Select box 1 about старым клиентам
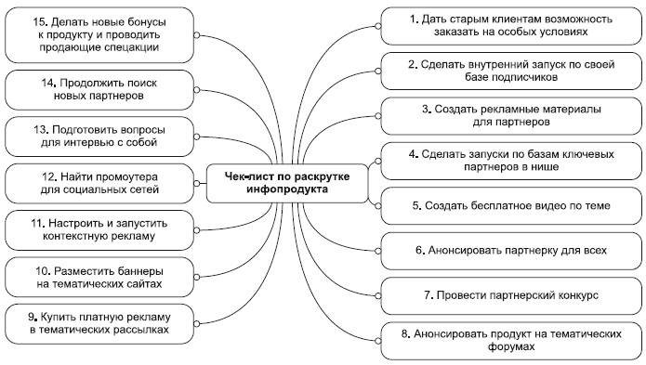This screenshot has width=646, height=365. pos(510,23)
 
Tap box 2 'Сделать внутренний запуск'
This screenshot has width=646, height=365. pos(510,70)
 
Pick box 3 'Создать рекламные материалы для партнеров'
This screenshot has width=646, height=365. pos(510,115)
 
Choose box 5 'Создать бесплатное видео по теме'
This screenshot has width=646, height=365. pos(510,204)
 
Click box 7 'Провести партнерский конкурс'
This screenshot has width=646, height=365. pos(510,295)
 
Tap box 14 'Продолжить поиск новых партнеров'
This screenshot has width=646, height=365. pos(97,89)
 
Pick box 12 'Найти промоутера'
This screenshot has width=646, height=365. pos(97,180)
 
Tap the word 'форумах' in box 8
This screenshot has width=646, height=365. pos(510,345)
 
